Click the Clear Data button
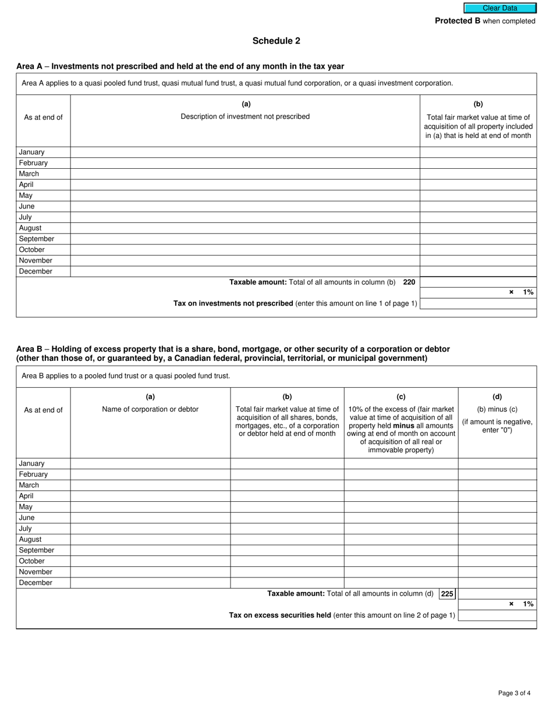tap(499, 8)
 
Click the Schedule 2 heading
tap(276, 41)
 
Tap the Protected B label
tap(458, 21)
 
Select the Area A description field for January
tap(245, 152)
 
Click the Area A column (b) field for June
tap(478, 206)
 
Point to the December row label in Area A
tap(36, 271)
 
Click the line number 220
tap(409, 282)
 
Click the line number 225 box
tap(447, 594)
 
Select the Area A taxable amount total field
tap(478, 282)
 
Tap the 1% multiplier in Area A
tap(528, 292)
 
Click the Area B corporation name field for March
tap(150, 485)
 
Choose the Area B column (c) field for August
tap(401, 540)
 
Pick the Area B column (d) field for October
tap(497, 561)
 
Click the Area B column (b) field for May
tap(287, 507)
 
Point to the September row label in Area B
tap(36, 550)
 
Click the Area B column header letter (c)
tap(401, 397)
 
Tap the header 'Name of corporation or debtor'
tap(150, 409)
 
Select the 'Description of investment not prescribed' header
tap(245, 116)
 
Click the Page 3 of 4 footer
tap(514, 693)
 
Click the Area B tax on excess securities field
tap(497, 615)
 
